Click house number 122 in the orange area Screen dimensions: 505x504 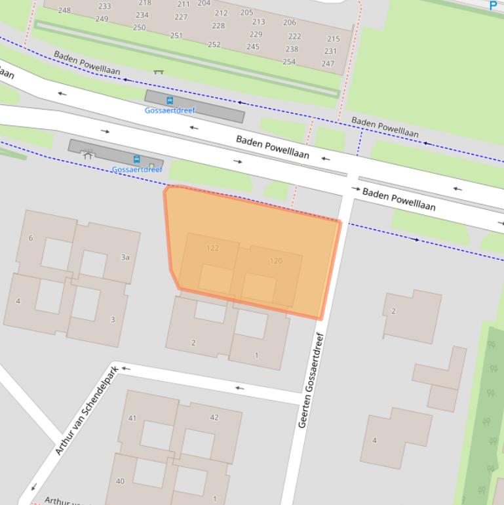tap(212, 248)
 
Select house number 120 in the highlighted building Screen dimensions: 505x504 tap(276, 261)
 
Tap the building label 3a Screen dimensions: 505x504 tap(125, 258)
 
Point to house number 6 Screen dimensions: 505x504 tap(31, 238)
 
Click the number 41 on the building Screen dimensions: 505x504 tap(132, 418)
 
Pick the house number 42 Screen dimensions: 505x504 tap(214, 418)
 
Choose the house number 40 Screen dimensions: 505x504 tap(120, 481)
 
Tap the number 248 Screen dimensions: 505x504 tap(64, 10)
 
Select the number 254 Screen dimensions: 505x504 tap(289, 62)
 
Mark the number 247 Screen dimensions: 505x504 tap(328, 64)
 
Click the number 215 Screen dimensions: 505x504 tap(334, 39)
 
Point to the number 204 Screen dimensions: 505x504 tap(204, 3)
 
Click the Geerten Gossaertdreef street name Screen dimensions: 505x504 tap(311, 380)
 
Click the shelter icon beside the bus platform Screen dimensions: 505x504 tap(88, 155)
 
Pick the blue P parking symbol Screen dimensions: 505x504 tap(494, 6)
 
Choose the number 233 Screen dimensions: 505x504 tap(104, 7)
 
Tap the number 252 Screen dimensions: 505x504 tap(214, 45)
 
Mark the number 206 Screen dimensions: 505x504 tap(290, 22)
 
